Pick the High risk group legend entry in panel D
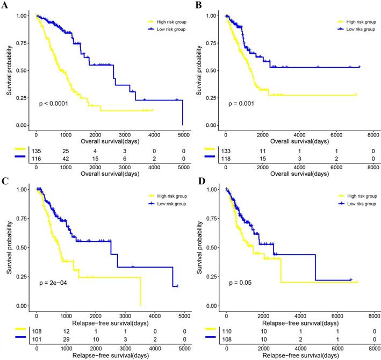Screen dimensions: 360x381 tap(361, 196)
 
